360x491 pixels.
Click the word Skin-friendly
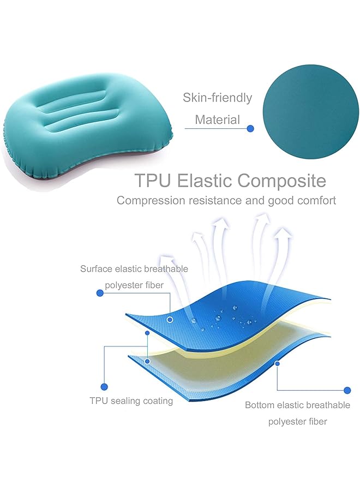click(x=218, y=98)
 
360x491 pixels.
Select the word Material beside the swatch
click(x=218, y=119)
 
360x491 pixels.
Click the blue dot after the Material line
click(x=250, y=129)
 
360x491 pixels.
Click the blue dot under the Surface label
click(x=100, y=293)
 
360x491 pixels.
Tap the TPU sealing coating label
click(x=131, y=401)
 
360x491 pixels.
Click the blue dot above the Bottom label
click(x=347, y=390)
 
